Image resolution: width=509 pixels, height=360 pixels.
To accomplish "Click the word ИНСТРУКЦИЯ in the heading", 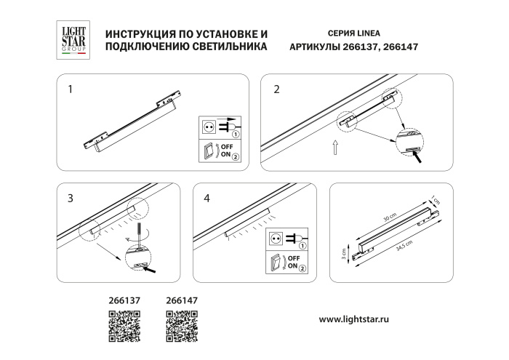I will point(140,34).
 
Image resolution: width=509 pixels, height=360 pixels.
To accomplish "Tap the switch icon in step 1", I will point(209,151).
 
